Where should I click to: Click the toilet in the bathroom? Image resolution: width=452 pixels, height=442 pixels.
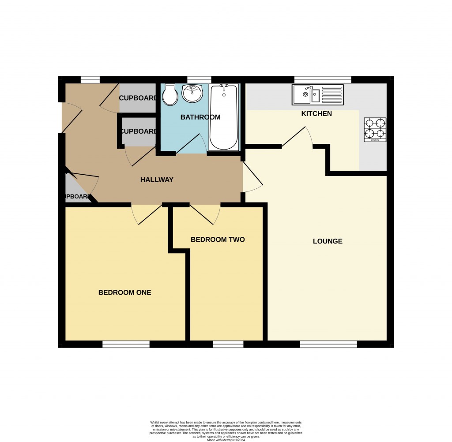pyautogui.click(x=170, y=94)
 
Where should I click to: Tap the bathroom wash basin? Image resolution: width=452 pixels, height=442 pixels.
pyautogui.click(x=192, y=93)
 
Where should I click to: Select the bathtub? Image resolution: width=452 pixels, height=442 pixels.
pyautogui.click(x=223, y=117)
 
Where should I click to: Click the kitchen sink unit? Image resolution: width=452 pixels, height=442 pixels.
pyautogui.click(x=317, y=94)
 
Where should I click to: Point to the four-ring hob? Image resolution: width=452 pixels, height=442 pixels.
pyautogui.click(x=375, y=130)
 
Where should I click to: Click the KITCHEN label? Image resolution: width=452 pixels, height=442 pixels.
pyautogui.click(x=316, y=114)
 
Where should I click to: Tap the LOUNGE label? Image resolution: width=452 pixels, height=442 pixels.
pyautogui.click(x=328, y=241)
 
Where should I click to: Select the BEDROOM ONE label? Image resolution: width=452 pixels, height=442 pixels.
pyautogui.click(x=124, y=292)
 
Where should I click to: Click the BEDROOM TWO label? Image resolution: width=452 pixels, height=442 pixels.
pyautogui.click(x=218, y=240)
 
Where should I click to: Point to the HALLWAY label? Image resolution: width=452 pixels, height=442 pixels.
pyautogui.click(x=157, y=180)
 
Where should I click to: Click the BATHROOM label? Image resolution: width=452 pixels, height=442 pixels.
pyautogui.click(x=200, y=117)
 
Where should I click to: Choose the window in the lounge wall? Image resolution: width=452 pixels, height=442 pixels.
pyautogui.click(x=329, y=344)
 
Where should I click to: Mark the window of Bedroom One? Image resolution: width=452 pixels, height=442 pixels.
pyautogui.click(x=126, y=344)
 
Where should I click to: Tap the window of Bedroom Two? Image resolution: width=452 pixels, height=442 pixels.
pyautogui.click(x=228, y=344)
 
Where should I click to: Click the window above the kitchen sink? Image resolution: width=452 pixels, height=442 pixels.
pyautogui.click(x=323, y=79)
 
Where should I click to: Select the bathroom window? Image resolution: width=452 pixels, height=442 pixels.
pyautogui.click(x=199, y=79)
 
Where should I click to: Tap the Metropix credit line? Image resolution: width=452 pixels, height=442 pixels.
pyautogui.click(x=226, y=439)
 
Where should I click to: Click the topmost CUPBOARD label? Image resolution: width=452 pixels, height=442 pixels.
pyautogui.click(x=138, y=98)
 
